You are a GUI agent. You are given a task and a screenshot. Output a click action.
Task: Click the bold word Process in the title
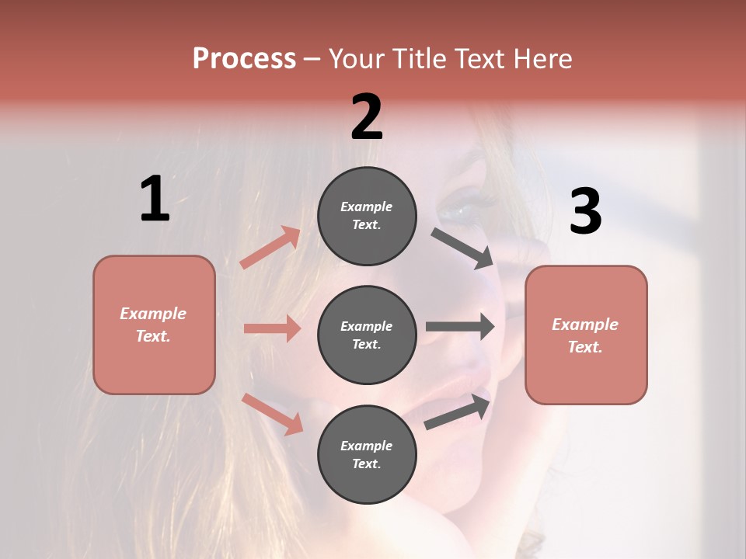[244, 58]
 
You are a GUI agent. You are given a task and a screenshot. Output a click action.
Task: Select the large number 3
[585, 212]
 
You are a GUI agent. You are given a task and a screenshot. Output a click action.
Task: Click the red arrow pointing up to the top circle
[270, 248]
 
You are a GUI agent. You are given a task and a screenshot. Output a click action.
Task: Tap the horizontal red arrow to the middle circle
[272, 328]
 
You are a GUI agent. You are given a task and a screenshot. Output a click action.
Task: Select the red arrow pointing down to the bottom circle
[273, 414]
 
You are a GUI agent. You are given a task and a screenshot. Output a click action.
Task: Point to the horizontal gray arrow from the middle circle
[460, 326]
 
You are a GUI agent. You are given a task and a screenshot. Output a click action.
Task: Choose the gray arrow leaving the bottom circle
[458, 411]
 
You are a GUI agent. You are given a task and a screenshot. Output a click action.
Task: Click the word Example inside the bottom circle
[367, 446]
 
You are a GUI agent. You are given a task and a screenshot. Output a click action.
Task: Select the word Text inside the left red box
[152, 336]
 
